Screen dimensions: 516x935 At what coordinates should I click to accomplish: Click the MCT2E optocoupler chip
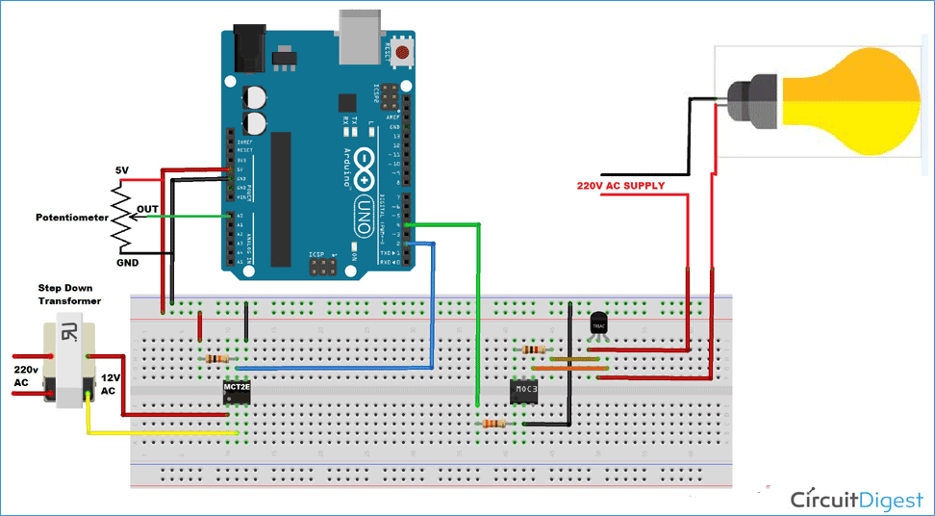236,391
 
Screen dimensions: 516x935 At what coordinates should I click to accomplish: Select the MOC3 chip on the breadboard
523,392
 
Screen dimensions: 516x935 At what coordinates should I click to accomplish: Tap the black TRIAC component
599,323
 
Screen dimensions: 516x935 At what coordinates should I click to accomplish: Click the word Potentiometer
72,218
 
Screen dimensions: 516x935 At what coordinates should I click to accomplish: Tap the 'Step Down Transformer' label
69,294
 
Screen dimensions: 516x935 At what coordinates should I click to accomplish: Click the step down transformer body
69,365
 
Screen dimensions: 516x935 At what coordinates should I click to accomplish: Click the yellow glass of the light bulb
856,101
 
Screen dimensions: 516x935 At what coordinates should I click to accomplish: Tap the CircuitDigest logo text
857,499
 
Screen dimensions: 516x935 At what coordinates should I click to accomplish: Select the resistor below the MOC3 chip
493,423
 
